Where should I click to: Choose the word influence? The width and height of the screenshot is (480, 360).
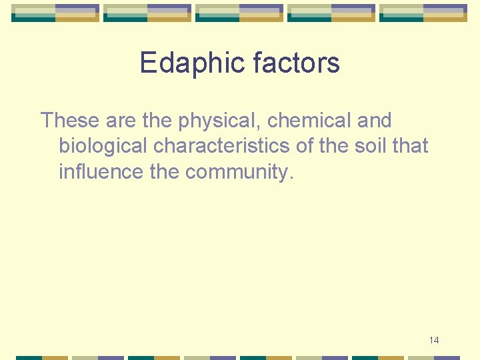point(101,171)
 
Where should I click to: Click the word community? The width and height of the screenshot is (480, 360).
point(237,172)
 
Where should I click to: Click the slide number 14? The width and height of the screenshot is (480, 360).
point(434,341)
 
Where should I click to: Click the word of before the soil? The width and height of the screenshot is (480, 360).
point(307,146)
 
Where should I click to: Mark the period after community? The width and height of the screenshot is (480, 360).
point(291,179)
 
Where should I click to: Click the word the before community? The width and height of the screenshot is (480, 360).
point(165,171)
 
